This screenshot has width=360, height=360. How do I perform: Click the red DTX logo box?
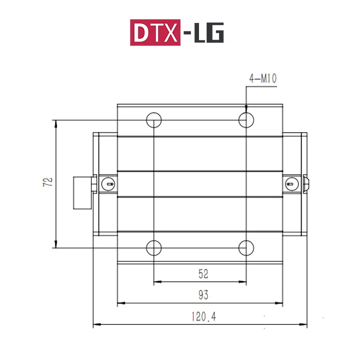click(155, 32)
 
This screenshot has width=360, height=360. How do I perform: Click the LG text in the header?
click(209, 32)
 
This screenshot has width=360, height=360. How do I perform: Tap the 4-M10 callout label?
click(263, 79)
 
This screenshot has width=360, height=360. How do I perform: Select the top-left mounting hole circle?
click(154, 120)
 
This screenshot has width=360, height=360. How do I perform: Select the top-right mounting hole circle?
click(246, 120)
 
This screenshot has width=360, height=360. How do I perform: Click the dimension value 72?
click(49, 182)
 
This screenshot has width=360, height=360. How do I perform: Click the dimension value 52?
click(203, 273)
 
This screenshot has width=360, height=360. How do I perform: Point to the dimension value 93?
click(203, 295)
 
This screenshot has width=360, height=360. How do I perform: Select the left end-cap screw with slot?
click(108, 183)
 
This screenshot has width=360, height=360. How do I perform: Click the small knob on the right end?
click(307, 182)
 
